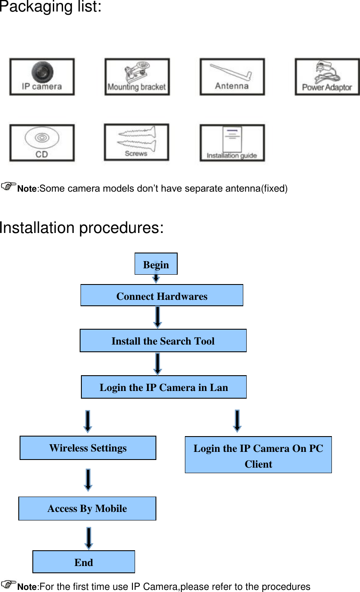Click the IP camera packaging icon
(42, 77)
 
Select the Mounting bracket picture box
(137, 77)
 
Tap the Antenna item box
(232, 77)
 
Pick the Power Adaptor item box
(327, 77)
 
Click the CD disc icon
(42, 143)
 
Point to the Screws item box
(136, 142)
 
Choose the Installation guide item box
(232, 143)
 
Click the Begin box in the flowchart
(156, 264)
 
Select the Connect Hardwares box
(162, 296)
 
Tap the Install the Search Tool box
(163, 341)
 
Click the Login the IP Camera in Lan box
(164, 387)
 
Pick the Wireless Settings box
(88, 448)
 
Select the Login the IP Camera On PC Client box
(258, 455)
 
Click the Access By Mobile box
(87, 509)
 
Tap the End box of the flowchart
(84, 562)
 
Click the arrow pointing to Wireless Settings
(87, 421)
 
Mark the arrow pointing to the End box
(88, 538)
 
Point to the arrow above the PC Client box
(237, 421)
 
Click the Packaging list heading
(51, 7)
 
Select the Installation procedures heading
(81, 228)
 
